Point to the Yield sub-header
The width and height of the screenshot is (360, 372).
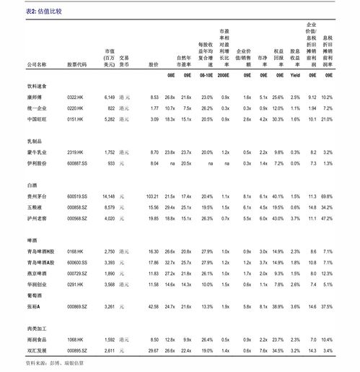[x=294, y=75]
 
